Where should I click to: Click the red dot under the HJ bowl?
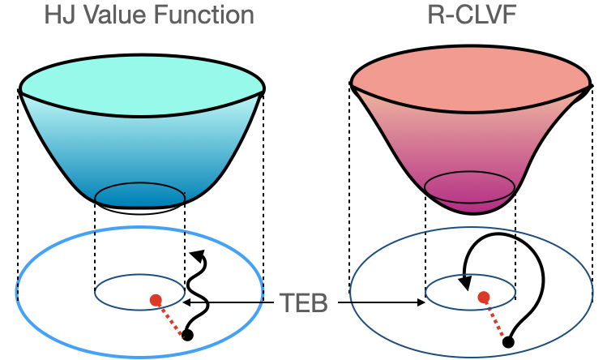[156, 300]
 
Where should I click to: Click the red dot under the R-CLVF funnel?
[484, 298]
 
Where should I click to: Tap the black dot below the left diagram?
[188, 335]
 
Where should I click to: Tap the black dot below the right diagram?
[508, 342]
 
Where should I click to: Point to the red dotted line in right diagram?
[496, 320]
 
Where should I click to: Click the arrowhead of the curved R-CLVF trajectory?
[466, 283]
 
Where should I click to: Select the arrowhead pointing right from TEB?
[421, 303]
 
